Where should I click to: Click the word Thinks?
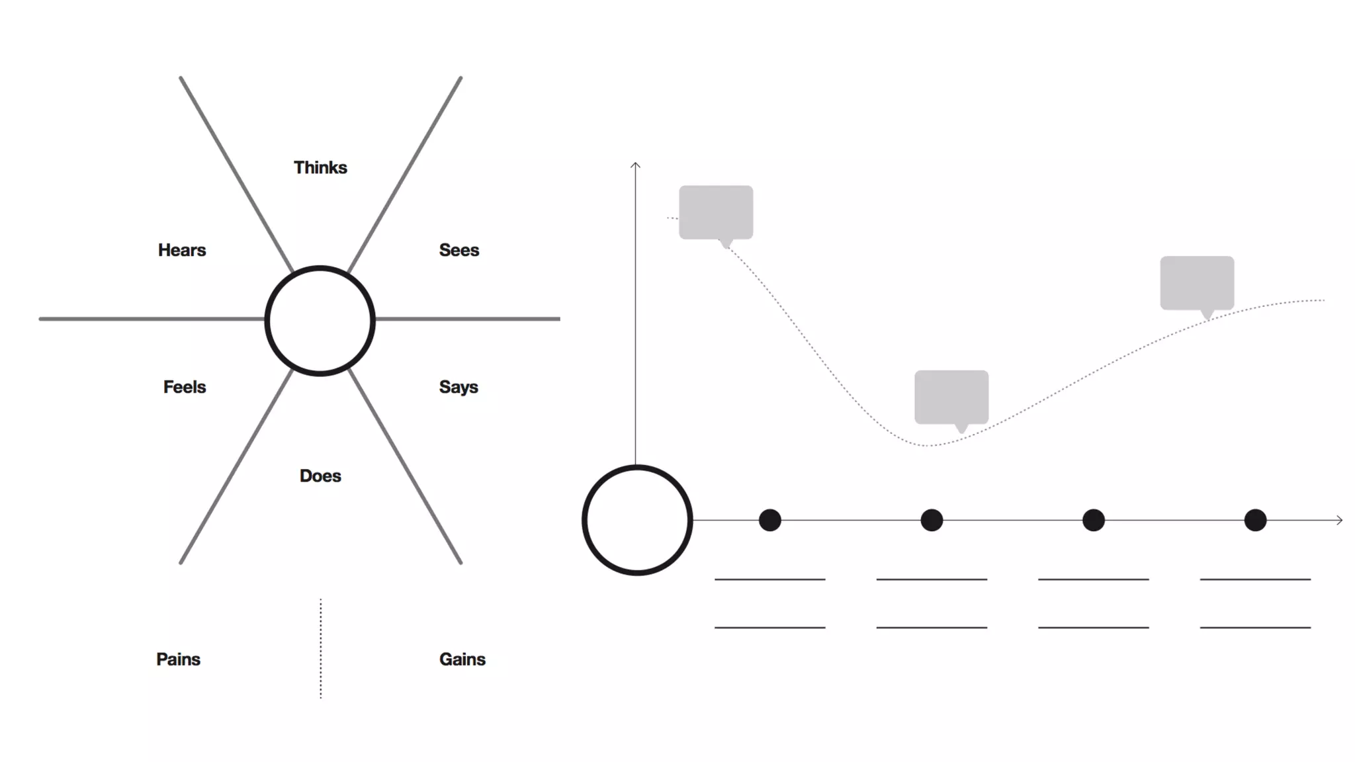pos(320,167)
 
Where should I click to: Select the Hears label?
pos(182,250)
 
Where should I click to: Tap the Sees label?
pos(459,250)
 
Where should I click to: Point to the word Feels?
pos(185,387)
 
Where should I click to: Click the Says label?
pos(459,387)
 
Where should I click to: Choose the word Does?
pos(320,476)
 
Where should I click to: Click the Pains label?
pos(178,659)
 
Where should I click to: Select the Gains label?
pos(462,659)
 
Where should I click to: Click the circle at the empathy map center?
pos(320,321)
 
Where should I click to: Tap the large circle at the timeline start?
pos(637,520)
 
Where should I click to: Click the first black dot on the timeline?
pos(770,520)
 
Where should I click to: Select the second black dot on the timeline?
pos(932,520)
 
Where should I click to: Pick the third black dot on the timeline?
pos(1094,520)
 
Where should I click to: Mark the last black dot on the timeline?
pos(1255,520)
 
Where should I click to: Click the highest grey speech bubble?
pos(716,212)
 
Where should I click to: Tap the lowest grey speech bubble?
pos(951,397)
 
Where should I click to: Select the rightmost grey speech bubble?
pos(1197,282)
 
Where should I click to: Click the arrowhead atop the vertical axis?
pos(635,165)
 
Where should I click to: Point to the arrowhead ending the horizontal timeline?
pos(1339,520)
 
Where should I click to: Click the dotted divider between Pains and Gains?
pos(321,648)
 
